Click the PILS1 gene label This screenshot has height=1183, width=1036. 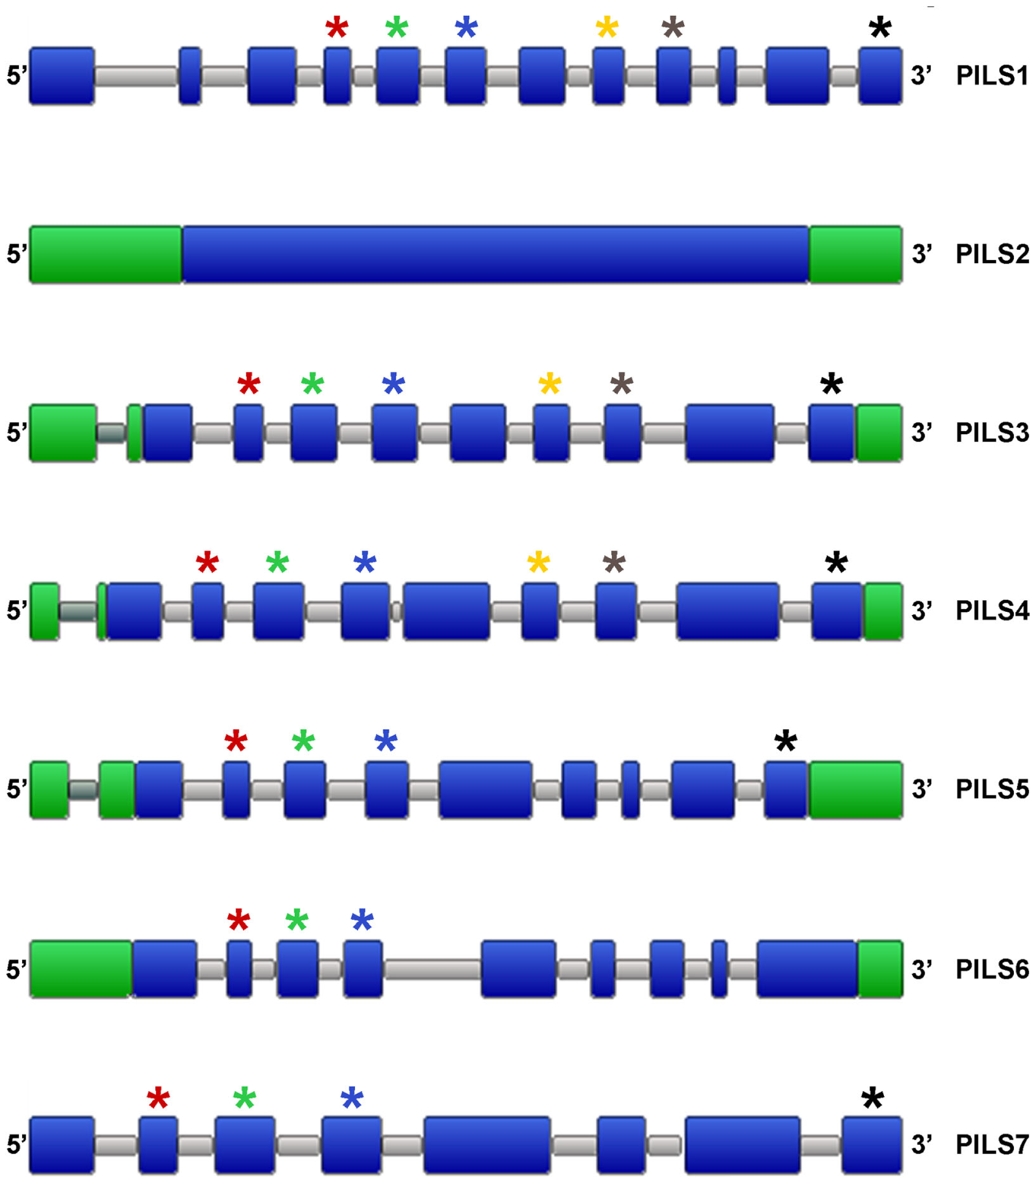992,76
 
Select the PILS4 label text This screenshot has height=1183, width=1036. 992,611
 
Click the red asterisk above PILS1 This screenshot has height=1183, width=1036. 337,28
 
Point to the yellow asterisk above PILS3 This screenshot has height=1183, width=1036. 549,384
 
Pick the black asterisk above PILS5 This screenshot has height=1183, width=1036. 786,741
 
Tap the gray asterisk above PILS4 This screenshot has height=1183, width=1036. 614,563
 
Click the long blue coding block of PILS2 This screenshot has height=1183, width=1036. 495,255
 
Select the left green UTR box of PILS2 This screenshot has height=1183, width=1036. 105,255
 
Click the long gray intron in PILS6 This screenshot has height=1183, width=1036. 433,969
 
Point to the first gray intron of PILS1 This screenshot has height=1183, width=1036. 136,76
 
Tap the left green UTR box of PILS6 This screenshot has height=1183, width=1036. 80,969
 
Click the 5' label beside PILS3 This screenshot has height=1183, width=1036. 16,433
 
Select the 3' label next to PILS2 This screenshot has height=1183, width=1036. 921,255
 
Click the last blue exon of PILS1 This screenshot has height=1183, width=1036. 880,76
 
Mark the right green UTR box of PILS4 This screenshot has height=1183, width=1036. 883,611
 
